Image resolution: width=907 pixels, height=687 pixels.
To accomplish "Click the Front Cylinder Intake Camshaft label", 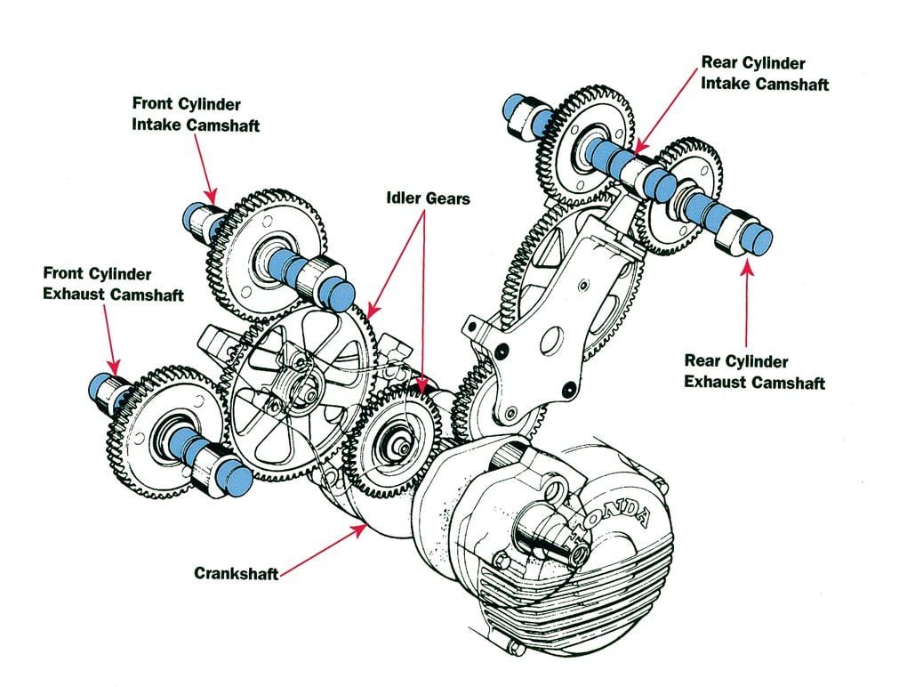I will click(196, 115).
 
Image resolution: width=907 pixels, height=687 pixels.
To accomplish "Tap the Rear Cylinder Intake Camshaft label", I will click(765, 74).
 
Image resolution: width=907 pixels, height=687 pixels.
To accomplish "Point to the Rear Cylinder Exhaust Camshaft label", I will click(754, 372).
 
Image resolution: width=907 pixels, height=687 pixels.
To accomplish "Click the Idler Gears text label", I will click(428, 198).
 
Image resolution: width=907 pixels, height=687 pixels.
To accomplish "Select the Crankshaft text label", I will click(236, 573).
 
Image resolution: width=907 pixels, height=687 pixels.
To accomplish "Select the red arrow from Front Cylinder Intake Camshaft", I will click(206, 168).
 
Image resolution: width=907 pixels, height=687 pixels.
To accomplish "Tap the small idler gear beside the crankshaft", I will click(392, 440).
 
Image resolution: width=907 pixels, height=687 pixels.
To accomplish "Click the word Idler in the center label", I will click(405, 198).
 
